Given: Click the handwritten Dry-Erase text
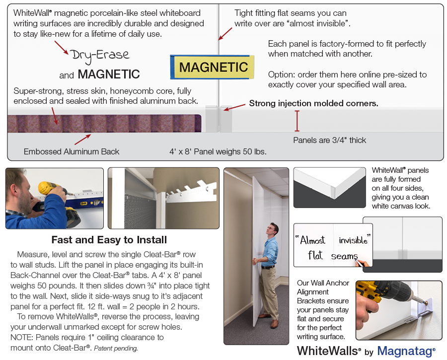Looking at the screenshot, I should (x=99, y=55).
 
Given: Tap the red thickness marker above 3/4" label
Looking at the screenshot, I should (x=298, y=120).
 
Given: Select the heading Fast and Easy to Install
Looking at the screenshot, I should (x=109, y=240).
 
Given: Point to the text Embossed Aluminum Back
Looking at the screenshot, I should (x=72, y=151).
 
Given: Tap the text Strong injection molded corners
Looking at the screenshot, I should (x=313, y=104).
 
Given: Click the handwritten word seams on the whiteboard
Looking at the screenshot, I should (x=344, y=256).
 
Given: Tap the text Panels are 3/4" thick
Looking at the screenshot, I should (x=329, y=140).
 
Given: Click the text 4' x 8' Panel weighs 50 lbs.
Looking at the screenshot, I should (x=218, y=151).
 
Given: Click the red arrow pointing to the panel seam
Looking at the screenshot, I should (x=225, y=33).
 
